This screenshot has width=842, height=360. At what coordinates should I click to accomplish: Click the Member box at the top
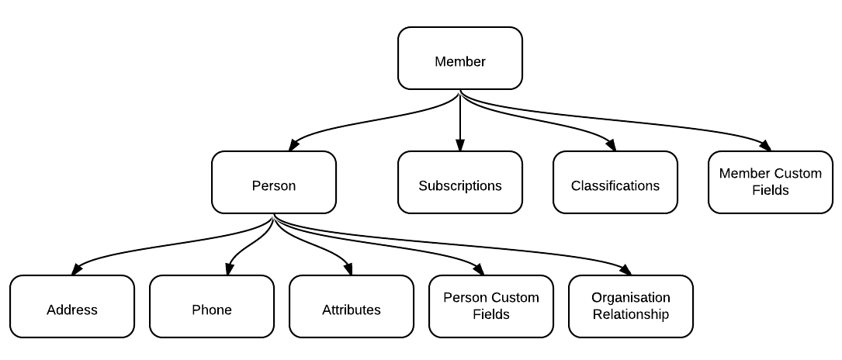coord(459,58)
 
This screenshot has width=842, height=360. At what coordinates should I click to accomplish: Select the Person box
coord(274,182)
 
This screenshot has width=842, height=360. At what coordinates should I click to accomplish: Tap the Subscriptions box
coord(459,182)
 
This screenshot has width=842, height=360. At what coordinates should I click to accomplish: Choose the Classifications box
coord(615,182)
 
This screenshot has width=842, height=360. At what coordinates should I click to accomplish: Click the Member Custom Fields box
coord(770,182)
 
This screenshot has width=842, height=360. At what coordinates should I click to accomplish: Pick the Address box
coord(72,306)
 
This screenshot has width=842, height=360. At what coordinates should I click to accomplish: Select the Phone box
coord(212,306)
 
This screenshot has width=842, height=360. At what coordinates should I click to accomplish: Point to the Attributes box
coord(352,306)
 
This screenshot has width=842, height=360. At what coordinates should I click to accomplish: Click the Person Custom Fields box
coord(490,306)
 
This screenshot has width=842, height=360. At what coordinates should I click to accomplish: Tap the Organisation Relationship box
coord(630,306)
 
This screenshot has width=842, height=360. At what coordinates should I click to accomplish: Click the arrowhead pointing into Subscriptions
coord(460,145)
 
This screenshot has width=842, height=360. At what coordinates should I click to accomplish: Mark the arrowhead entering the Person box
coord(294,144)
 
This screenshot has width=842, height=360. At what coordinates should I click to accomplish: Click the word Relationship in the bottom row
coord(630,314)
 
